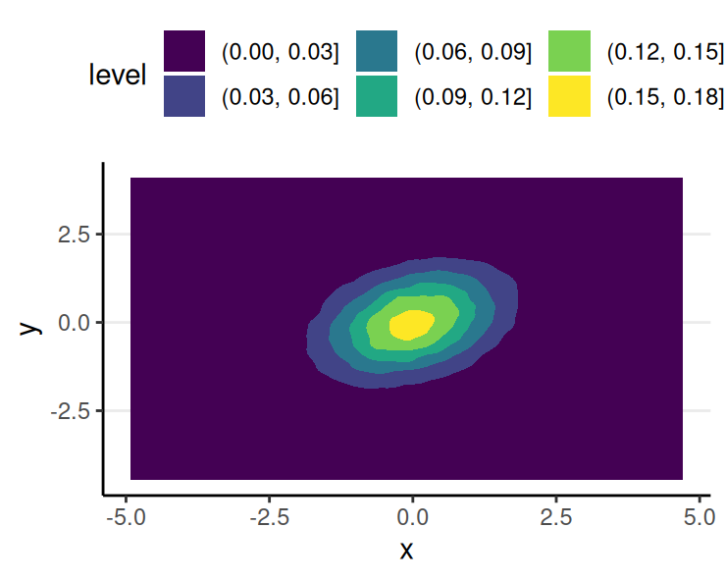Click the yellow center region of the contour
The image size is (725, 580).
(x=411, y=323)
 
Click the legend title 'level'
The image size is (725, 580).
(x=117, y=75)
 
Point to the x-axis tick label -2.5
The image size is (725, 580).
(x=267, y=515)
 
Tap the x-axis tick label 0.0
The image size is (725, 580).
(x=412, y=515)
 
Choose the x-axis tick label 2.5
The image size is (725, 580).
(x=555, y=515)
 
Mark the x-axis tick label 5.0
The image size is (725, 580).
(x=699, y=515)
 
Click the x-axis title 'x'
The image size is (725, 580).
(x=407, y=551)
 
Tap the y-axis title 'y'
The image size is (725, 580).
(x=31, y=325)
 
